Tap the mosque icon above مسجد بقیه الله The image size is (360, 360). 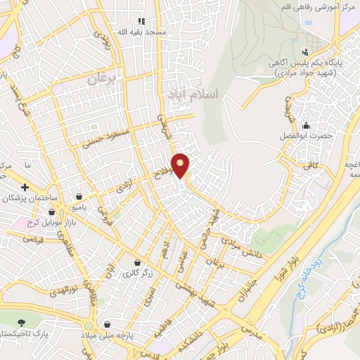tap(141, 22)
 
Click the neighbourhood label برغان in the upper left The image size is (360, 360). tap(101, 79)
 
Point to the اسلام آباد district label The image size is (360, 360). tap(191, 94)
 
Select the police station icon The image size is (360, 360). tap(304, 51)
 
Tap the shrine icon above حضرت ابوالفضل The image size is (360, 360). tap(305, 123)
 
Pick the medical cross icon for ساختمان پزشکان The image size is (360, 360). tap(25, 188)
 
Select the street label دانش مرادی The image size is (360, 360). tap(243, 248)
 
